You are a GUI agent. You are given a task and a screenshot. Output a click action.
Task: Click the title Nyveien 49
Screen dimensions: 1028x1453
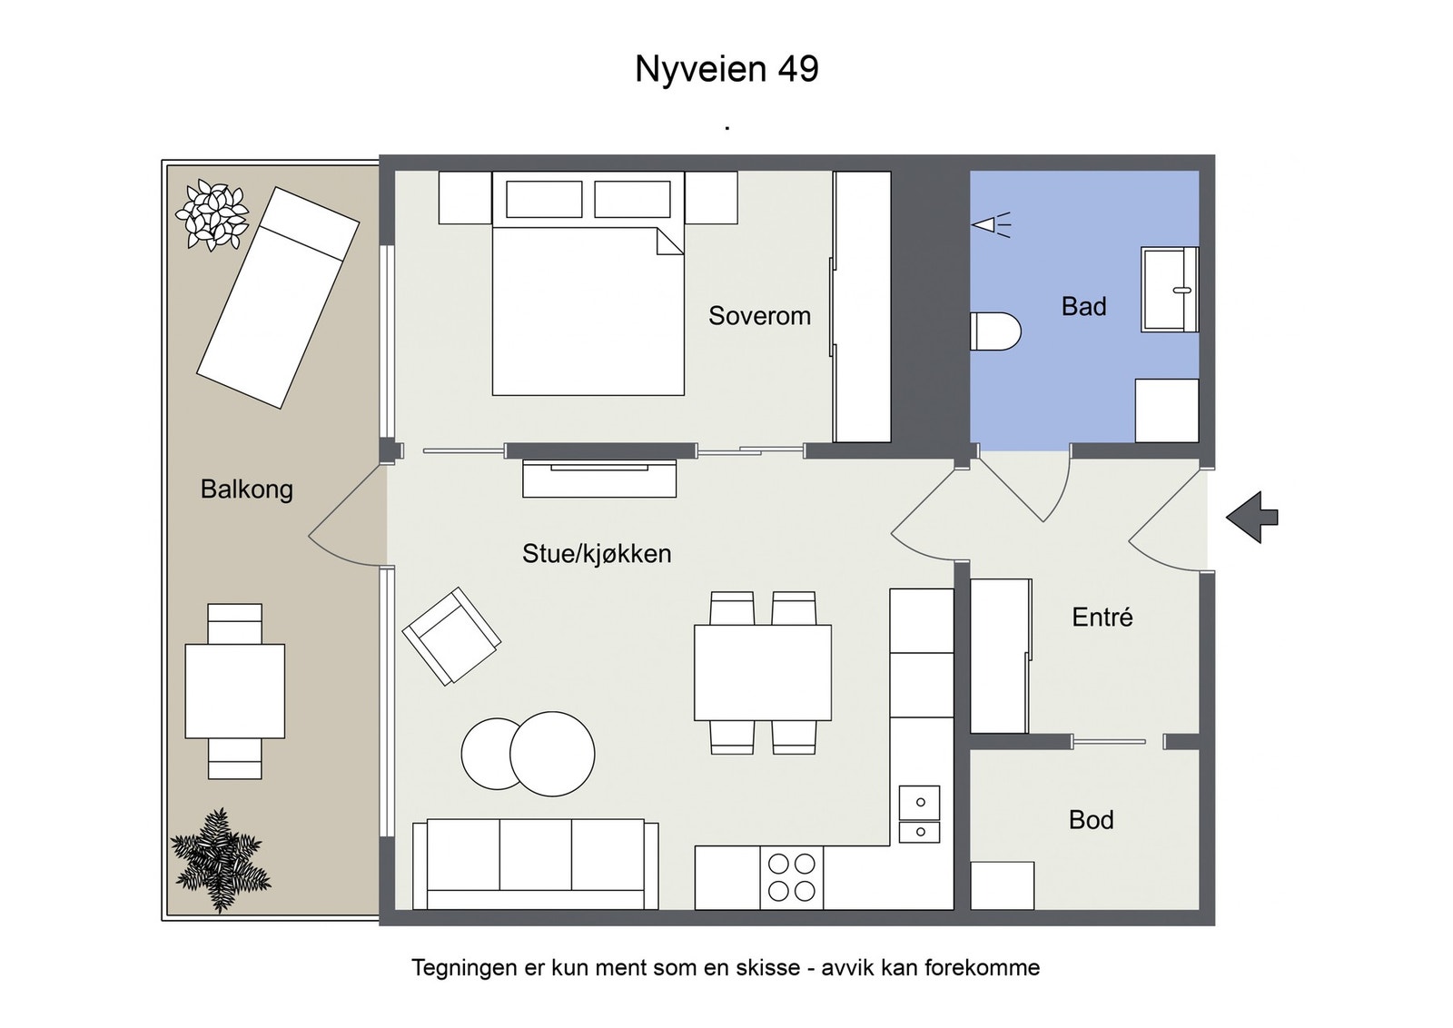(726, 69)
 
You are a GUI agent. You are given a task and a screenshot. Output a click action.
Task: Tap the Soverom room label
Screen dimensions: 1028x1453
(759, 316)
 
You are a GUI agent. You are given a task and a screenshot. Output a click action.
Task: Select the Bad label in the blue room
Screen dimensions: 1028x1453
(1083, 307)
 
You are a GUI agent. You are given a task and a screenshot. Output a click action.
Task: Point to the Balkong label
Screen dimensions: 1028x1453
(246, 489)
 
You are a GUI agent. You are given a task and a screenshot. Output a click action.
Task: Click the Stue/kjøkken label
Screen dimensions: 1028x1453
(597, 554)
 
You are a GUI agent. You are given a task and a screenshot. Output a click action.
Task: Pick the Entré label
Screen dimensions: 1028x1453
(1102, 618)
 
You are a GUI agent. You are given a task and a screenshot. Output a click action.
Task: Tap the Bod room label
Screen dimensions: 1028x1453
(1091, 820)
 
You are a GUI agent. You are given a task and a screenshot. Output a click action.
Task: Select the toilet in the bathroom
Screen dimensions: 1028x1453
(995, 331)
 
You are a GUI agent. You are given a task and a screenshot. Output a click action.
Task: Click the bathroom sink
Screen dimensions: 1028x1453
(1170, 290)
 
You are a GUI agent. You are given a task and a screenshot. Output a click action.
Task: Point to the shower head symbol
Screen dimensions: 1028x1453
(991, 224)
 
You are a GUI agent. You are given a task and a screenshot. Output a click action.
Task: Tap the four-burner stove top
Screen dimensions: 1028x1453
(792, 877)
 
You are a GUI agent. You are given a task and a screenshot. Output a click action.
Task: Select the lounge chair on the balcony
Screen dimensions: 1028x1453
(278, 297)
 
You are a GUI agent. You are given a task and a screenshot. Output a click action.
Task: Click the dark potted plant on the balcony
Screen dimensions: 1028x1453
(219, 860)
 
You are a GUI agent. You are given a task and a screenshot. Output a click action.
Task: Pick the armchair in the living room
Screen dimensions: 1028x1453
(451, 635)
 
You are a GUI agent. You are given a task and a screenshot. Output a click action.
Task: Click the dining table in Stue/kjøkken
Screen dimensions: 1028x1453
(763, 672)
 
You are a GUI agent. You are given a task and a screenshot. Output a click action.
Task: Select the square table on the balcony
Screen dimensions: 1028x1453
(234, 691)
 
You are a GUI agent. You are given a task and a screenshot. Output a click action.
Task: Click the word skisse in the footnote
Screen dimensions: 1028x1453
(766, 968)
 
